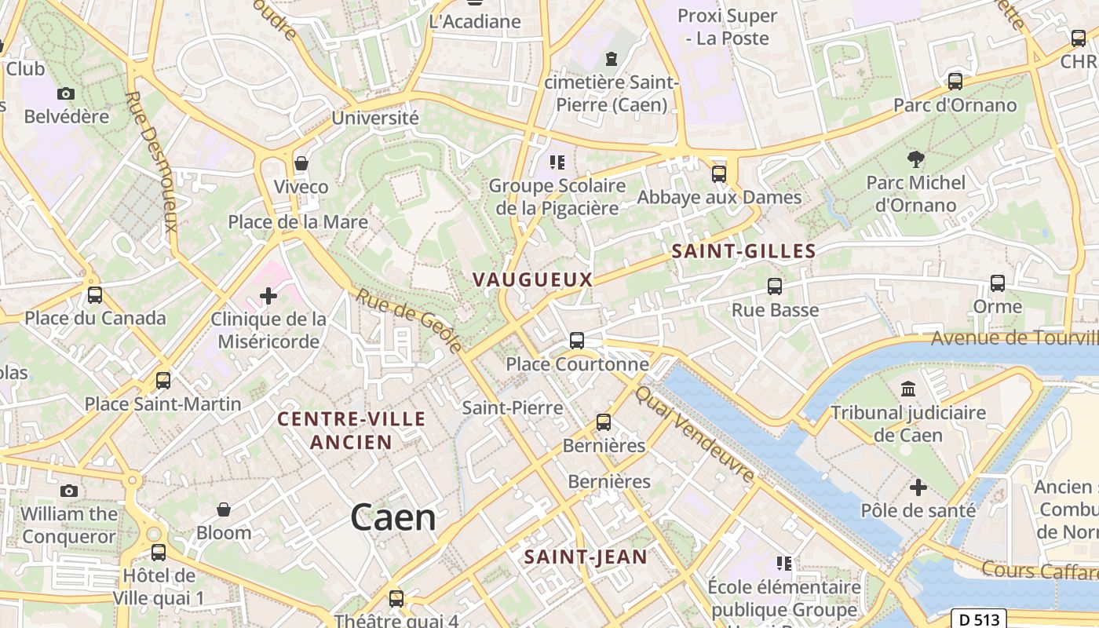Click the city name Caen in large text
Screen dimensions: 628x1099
[x=392, y=518]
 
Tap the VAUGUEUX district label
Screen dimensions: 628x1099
[x=532, y=279]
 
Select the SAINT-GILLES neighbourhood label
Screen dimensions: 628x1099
[x=743, y=251]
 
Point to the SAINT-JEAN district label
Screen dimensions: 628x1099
[x=586, y=557]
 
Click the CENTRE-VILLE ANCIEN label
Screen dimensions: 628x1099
[x=351, y=430]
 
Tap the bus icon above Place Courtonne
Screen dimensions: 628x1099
[x=577, y=340]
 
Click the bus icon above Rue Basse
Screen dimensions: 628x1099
[x=775, y=287]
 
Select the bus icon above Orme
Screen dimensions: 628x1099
[x=997, y=283]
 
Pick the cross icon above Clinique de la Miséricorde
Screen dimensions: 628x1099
[x=268, y=296]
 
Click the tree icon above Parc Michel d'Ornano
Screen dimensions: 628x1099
[x=915, y=159]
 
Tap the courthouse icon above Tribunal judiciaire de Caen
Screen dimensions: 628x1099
[x=908, y=389]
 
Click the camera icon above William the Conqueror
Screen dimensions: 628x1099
[x=69, y=491]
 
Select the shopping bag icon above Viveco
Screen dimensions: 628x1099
[x=301, y=163]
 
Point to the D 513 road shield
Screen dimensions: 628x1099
[x=980, y=619]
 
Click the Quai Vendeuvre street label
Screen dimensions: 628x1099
[x=695, y=433]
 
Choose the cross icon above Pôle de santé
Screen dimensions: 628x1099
[x=918, y=487]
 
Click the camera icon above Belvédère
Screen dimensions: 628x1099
[x=66, y=93]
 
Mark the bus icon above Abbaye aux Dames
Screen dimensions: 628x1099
[x=719, y=173]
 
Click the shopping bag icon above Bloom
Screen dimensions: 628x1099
[x=224, y=509]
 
